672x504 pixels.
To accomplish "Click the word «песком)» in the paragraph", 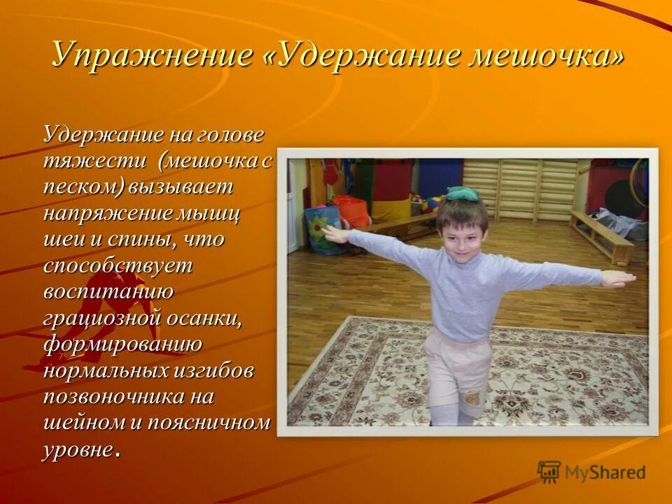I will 84,187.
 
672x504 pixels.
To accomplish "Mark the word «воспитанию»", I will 108,292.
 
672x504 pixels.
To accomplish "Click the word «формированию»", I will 122,344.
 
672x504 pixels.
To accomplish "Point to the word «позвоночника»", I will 115,397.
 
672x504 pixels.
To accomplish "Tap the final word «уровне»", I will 78,449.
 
